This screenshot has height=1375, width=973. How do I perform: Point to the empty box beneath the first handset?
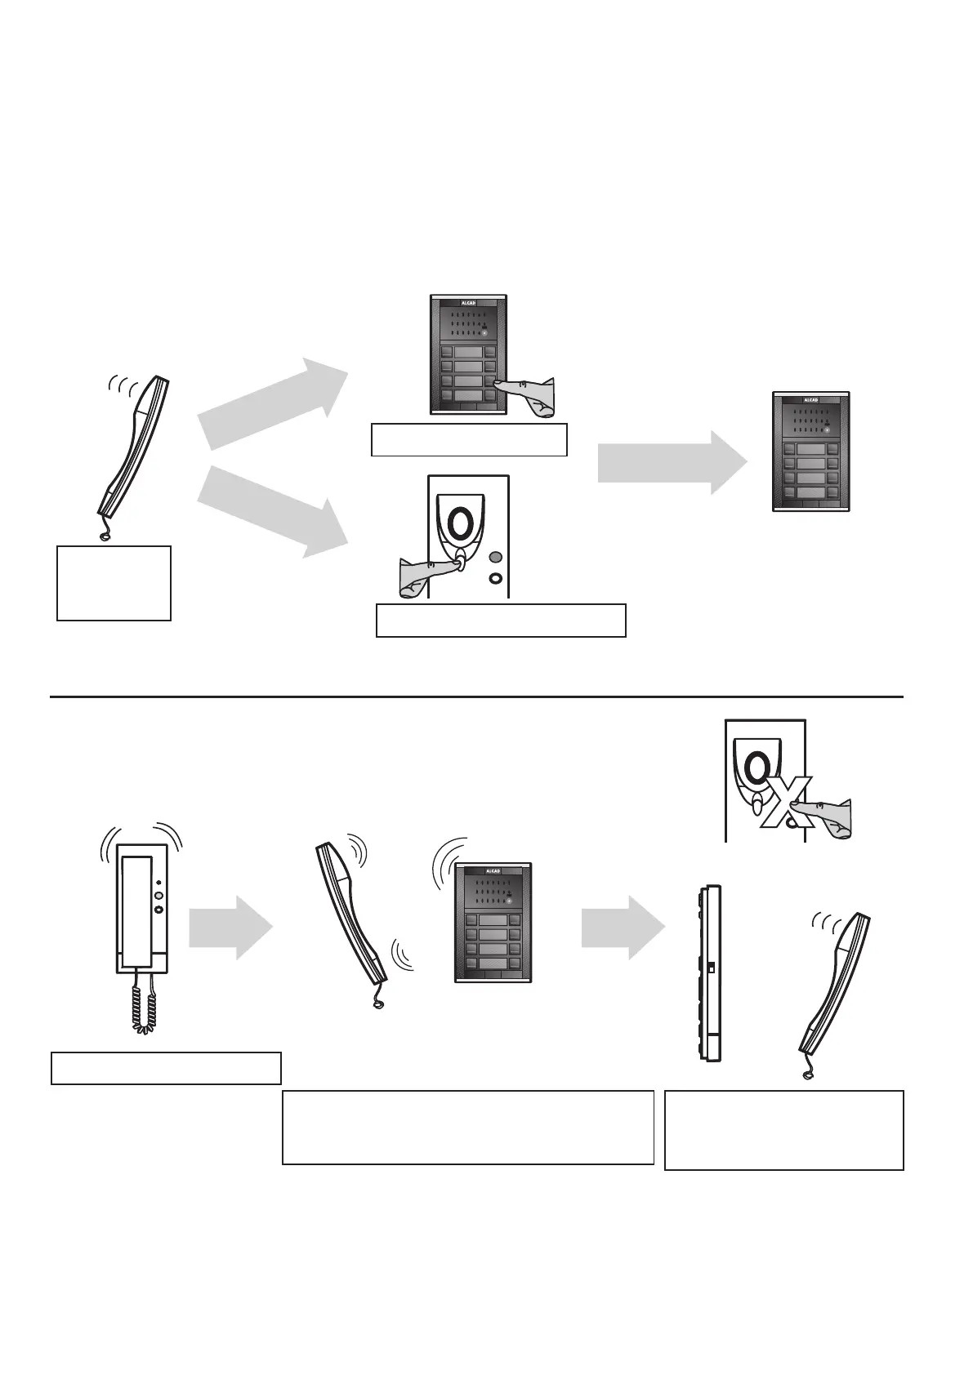tap(114, 583)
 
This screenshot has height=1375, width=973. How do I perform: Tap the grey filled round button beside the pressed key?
tap(495, 557)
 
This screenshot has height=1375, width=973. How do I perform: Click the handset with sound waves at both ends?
tap(351, 914)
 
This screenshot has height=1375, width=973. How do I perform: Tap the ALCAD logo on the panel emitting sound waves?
tap(493, 870)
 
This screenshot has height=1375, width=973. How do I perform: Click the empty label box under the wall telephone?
tap(166, 1068)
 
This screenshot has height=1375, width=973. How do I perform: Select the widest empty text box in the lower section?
tap(467, 1127)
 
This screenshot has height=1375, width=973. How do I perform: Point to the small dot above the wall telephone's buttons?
tap(158, 883)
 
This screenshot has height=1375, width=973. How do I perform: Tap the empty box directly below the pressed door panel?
tap(469, 439)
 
